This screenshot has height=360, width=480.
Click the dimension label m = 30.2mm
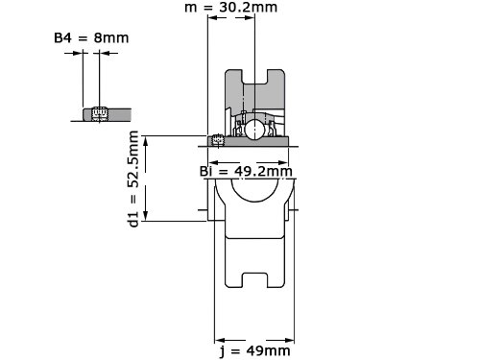coord(230,7)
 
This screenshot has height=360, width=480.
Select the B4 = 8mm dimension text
coord(91,38)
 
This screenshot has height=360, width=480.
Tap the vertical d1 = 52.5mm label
coord(133,179)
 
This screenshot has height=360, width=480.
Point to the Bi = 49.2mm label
coord(246,172)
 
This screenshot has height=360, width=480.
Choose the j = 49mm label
coord(255,351)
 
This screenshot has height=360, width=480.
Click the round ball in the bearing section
coord(254,129)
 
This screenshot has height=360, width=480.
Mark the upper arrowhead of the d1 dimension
coord(146,141)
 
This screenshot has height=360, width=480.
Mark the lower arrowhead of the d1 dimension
coord(146,216)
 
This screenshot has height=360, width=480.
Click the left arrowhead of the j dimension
coord(220,341)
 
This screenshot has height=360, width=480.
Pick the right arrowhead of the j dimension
coord(289,341)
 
